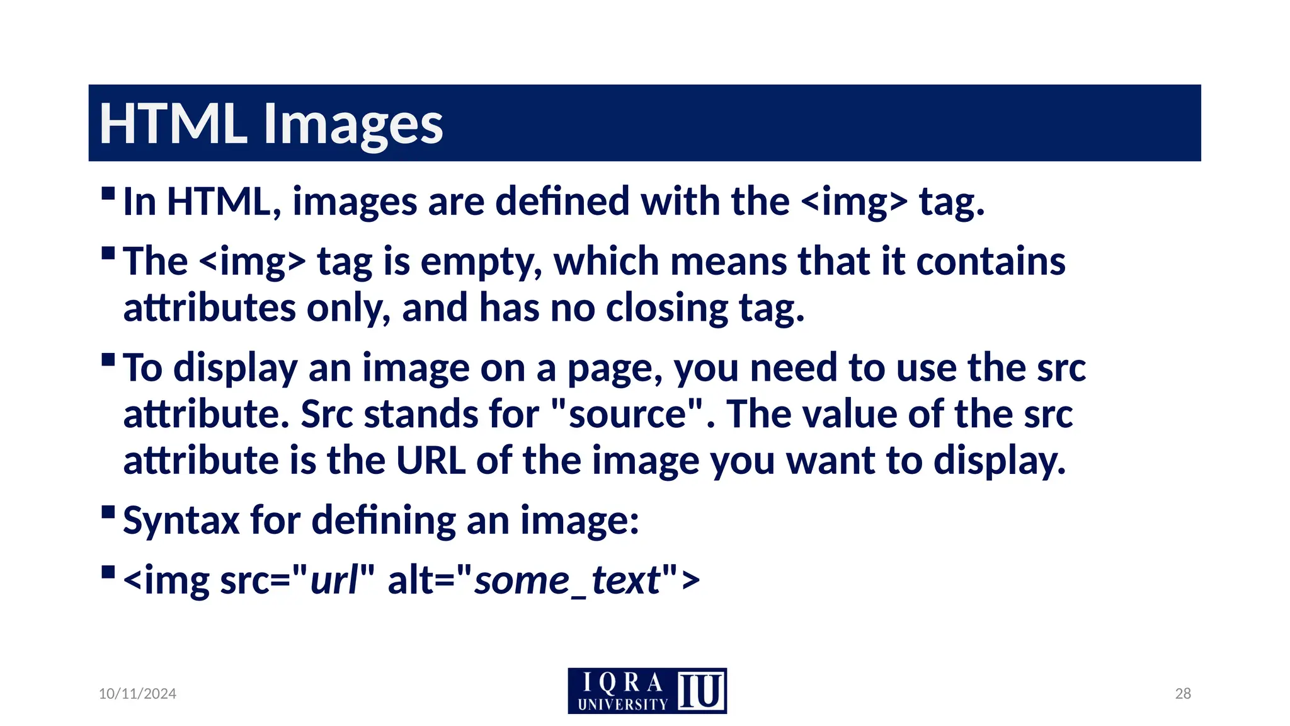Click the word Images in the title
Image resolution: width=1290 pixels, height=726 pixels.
[x=353, y=124]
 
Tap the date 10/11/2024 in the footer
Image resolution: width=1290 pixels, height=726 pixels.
[x=137, y=693]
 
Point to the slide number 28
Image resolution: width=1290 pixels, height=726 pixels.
[x=1183, y=693]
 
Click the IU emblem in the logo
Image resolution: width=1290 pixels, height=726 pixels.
[x=701, y=691]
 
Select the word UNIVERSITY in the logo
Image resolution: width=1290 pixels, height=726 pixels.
[x=622, y=704]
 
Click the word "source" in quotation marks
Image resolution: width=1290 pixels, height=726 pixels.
[x=627, y=414]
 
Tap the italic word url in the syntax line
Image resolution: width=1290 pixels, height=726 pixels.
[x=334, y=580]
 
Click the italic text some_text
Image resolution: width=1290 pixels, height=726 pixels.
[x=567, y=580]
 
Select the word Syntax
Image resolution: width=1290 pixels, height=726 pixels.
[x=181, y=521]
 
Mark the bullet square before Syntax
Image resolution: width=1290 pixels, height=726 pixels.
[x=108, y=510]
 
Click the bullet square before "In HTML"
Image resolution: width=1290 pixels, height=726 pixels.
[x=108, y=192]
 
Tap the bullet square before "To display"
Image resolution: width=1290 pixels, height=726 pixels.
[x=108, y=359]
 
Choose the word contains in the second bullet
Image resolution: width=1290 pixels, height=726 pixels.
[x=990, y=262]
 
